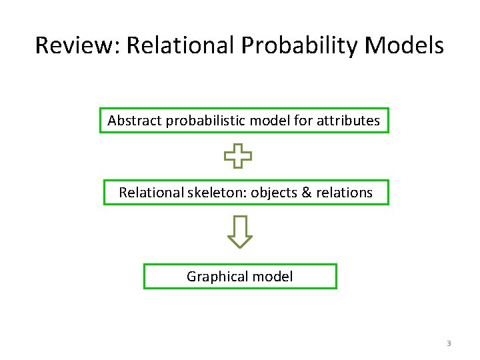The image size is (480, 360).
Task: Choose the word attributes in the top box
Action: pyautogui.click(x=349, y=121)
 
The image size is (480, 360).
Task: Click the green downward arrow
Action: pyautogui.click(x=240, y=231)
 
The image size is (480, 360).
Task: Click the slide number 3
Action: pyautogui.click(x=449, y=343)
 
